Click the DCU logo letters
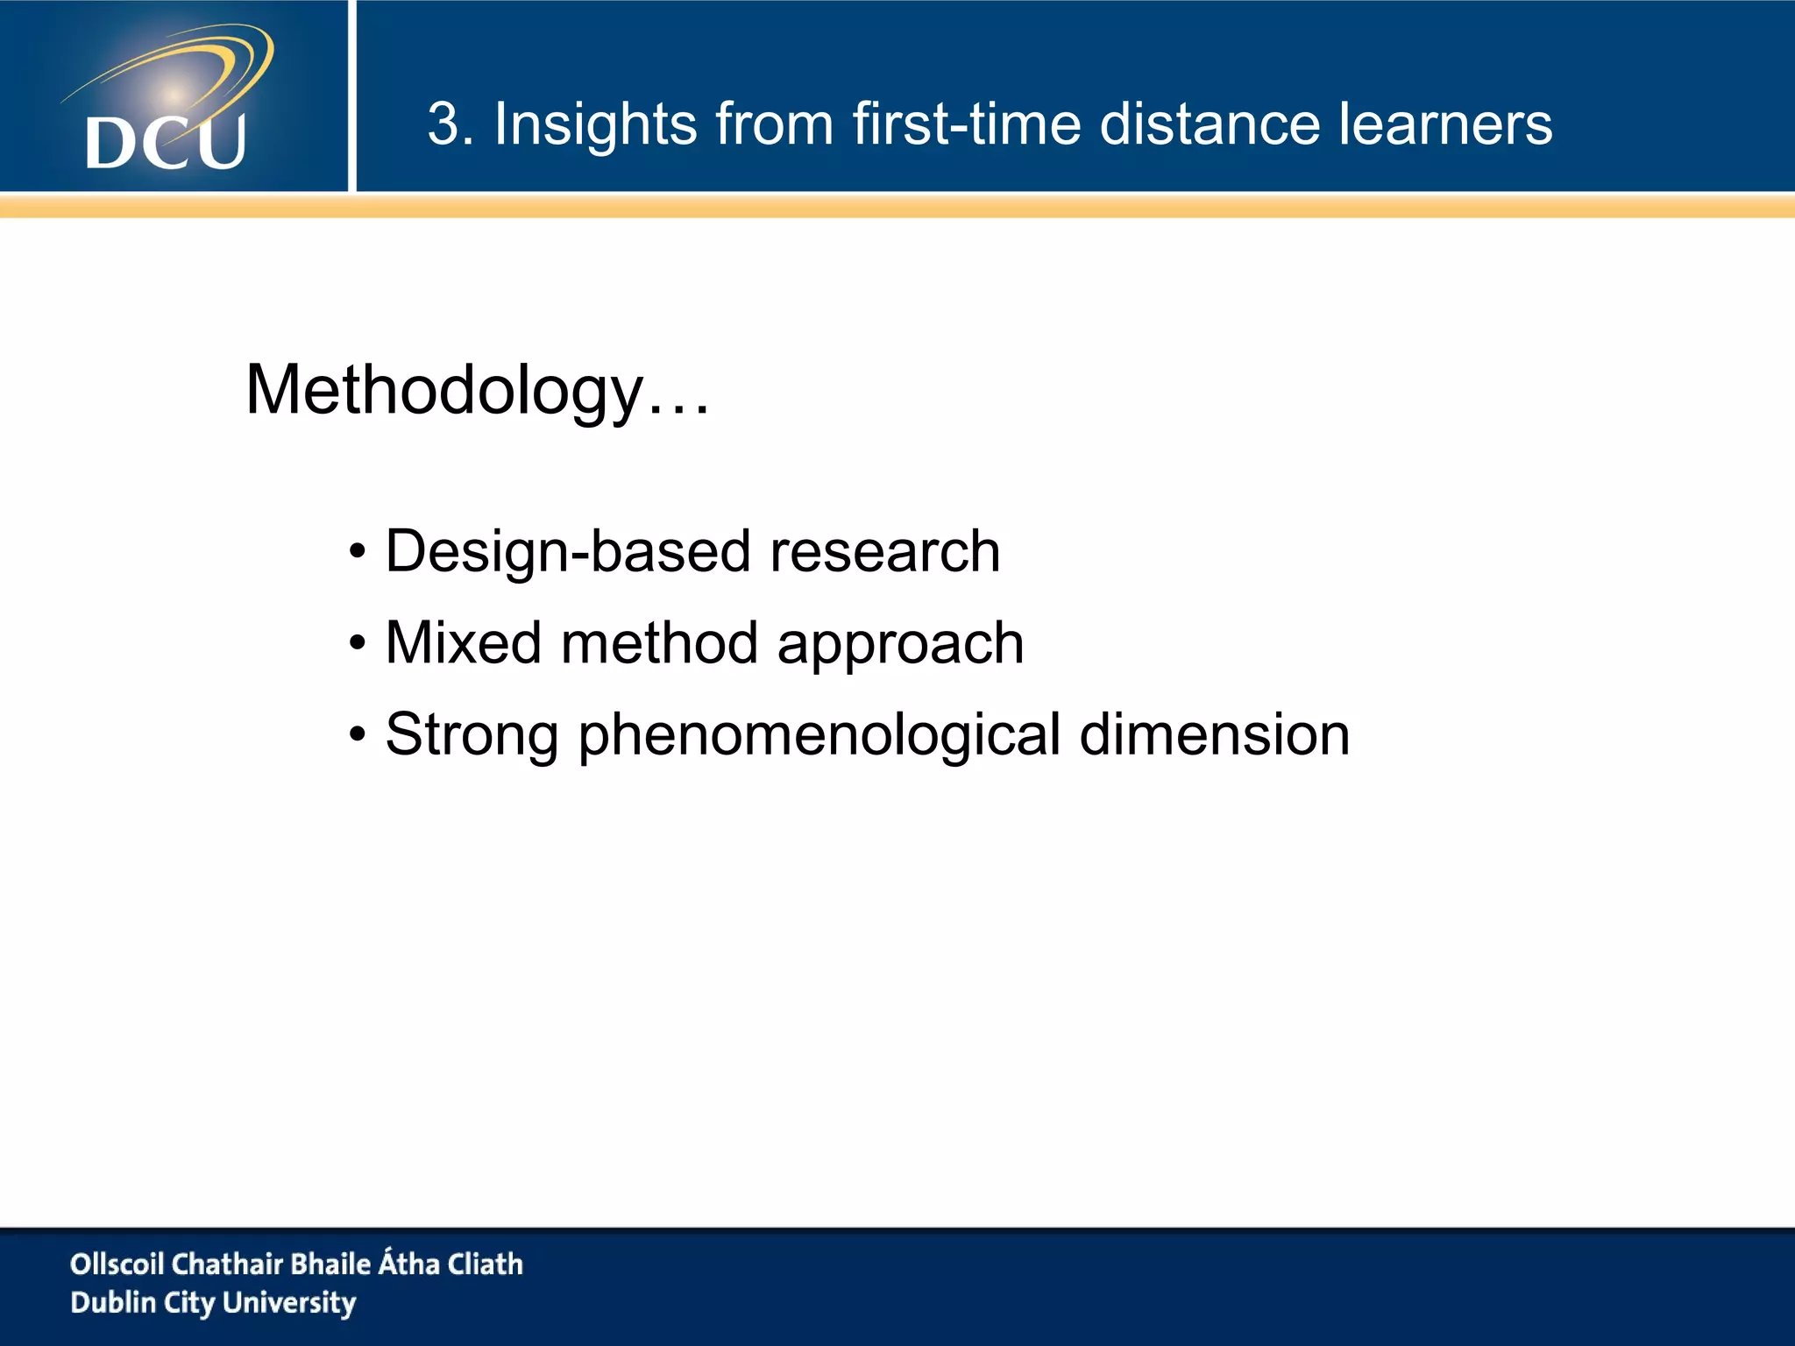(x=166, y=142)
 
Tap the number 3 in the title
(x=443, y=124)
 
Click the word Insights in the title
(x=594, y=124)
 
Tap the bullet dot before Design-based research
(x=357, y=553)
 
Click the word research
(x=884, y=552)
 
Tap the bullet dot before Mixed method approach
(x=357, y=645)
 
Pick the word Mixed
(x=463, y=643)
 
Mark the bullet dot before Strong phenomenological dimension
(x=357, y=736)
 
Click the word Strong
(x=472, y=736)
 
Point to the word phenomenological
(x=819, y=736)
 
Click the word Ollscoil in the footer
(x=117, y=1264)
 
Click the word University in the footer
(x=289, y=1302)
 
